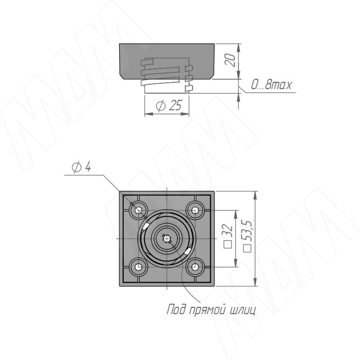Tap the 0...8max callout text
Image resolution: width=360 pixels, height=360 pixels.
click(271, 85)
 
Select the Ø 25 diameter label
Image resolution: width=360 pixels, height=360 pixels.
click(169, 105)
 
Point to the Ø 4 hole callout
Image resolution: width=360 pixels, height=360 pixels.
click(81, 167)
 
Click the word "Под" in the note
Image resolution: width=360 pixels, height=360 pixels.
click(175, 309)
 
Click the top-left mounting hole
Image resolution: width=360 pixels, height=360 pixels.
click(138, 210)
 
